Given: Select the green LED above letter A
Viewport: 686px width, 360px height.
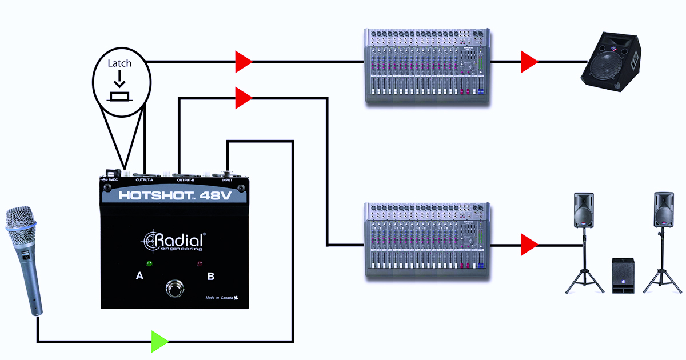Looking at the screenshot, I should (149, 264).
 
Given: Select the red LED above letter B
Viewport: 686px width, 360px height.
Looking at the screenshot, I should (200, 264).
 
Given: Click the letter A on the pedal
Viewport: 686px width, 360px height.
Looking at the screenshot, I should (139, 276).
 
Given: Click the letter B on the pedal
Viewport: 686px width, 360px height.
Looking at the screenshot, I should (210, 277).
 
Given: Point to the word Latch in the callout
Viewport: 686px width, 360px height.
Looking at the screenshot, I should (119, 63).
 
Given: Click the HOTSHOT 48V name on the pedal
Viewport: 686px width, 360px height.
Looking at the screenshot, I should (174, 195).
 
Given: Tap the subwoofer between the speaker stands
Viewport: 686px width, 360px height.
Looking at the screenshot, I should (624, 275).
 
